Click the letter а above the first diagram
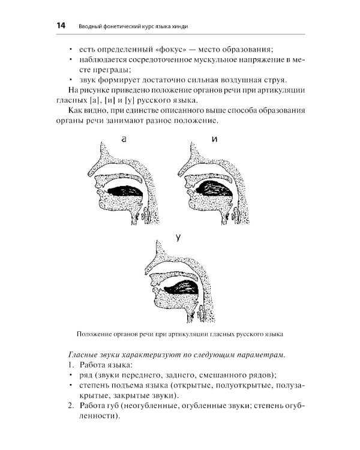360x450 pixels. pyautogui.click(x=124, y=140)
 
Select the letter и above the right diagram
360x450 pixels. pyautogui.click(x=214, y=140)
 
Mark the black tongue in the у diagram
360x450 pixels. pyautogui.click(x=178, y=288)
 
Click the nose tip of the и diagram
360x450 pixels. pyautogui.click(x=179, y=175)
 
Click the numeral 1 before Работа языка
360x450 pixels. pyautogui.click(x=70, y=365)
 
